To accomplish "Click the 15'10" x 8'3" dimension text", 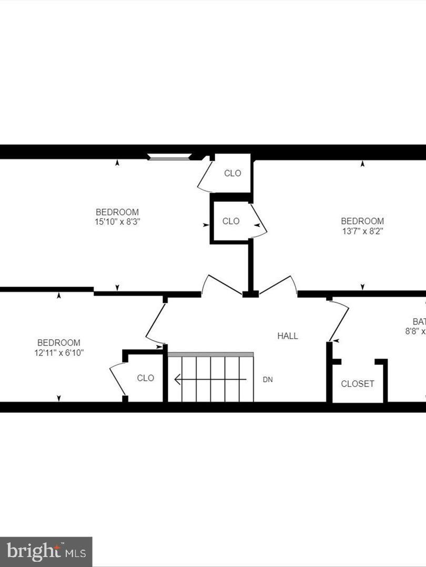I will (117, 222).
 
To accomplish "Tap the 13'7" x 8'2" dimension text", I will (362, 230).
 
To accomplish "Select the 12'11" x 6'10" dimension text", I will (58, 353).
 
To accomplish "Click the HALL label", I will (288, 336).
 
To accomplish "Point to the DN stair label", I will (268, 380).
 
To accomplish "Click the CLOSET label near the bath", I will (358, 384).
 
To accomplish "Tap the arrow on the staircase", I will (210, 379).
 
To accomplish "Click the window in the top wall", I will (168, 156).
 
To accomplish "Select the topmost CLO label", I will (232, 173).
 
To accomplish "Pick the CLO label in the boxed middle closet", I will (231, 221).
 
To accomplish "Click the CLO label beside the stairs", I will (146, 378).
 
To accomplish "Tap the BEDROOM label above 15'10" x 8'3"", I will (117, 212).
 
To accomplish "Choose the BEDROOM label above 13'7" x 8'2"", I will (362, 221).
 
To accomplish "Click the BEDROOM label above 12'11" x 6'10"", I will (58, 343).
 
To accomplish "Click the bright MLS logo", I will (46, 551).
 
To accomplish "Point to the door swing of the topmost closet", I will (204, 176).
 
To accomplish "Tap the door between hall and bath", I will (339, 320).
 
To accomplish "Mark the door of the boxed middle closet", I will (259, 220).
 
